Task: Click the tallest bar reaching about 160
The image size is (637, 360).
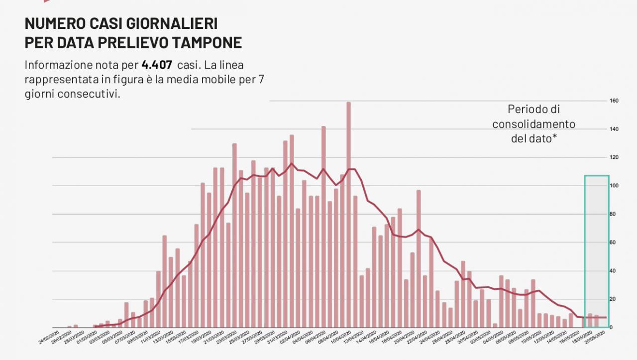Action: [x=348, y=214]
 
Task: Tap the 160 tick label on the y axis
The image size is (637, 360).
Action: [x=614, y=101]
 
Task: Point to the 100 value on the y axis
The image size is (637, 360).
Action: [x=614, y=186]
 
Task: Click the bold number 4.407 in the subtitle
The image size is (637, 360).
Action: [x=157, y=65]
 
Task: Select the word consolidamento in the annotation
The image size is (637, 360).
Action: [x=533, y=124]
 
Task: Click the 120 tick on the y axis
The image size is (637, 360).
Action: [x=614, y=158]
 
